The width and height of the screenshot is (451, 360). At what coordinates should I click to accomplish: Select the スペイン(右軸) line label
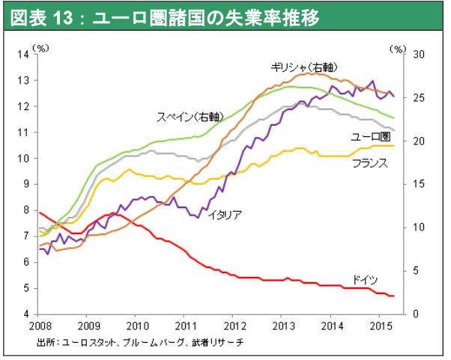(x=189, y=117)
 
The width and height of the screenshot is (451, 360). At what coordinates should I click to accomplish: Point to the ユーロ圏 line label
(x=371, y=136)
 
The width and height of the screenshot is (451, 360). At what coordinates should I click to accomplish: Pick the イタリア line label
(x=224, y=215)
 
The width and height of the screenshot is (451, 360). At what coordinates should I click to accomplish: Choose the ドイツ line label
(x=364, y=279)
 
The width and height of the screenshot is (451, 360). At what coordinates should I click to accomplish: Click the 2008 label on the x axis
(x=39, y=326)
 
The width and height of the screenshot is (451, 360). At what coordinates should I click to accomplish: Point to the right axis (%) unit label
(x=397, y=46)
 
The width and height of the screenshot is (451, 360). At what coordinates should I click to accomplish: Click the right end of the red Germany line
(x=394, y=296)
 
